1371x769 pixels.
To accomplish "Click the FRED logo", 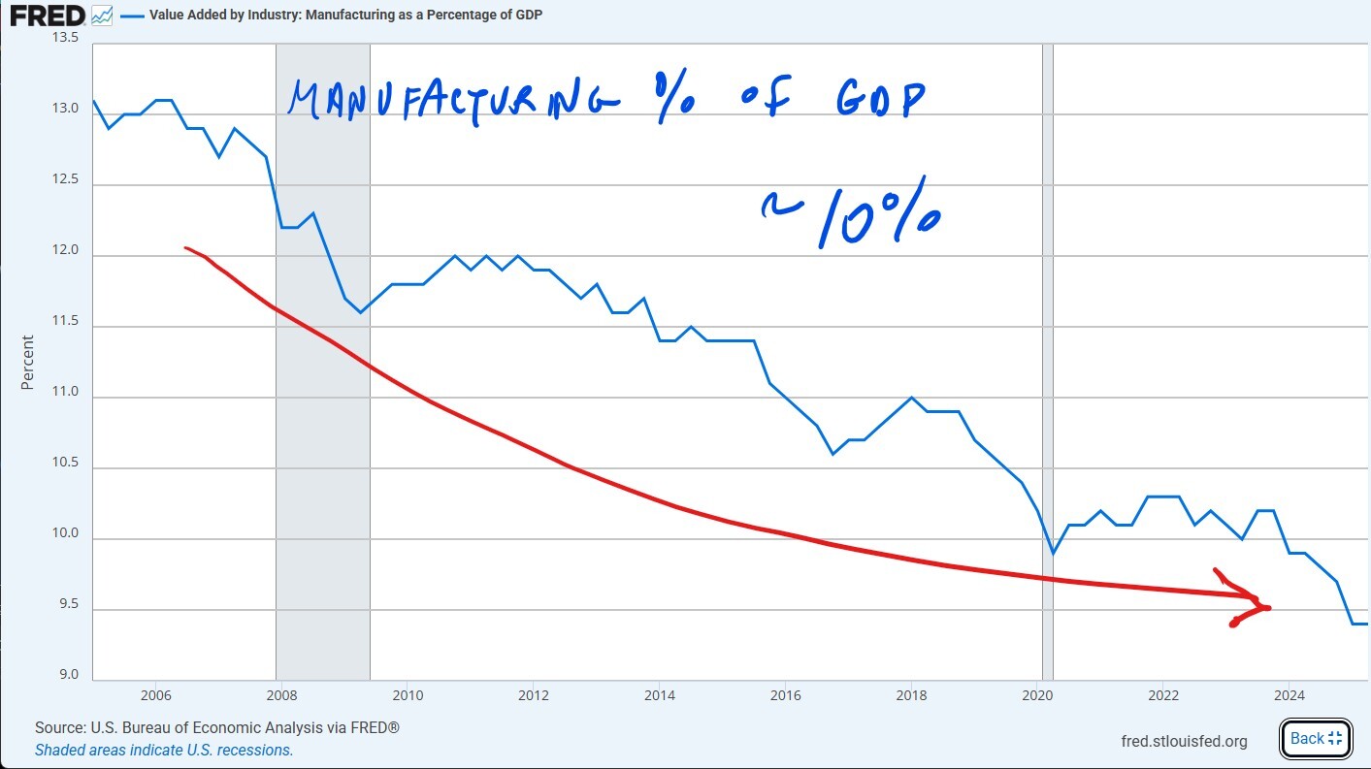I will pyautogui.click(x=47, y=16).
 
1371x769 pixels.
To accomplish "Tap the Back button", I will pyautogui.click(x=1315, y=738).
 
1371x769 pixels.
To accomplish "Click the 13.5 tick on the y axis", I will pyautogui.click(x=65, y=39).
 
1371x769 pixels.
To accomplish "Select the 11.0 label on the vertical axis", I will pyautogui.click(x=65, y=398).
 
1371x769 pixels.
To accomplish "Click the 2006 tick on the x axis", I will pyautogui.click(x=155, y=695).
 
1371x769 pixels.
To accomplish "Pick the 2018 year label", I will pyautogui.click(x=911, y=695).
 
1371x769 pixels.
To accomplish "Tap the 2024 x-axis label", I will pyautogui.click(x=1289, y=695).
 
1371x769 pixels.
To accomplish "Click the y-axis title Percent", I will pyautogui.click(x=27, y=362).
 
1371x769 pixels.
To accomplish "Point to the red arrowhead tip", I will pyautogui.click(x=1268, y=608).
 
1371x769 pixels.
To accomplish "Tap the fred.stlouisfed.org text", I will pyautogui.click(x=1184, y=742).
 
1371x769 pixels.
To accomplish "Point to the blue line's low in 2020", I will pyautogui.click(x=1054, y=553).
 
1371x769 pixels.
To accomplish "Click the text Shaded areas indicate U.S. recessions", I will pyautogui.click(x=164, y=750).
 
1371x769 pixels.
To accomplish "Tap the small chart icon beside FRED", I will pyautogui.click(x=102, y=16).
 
